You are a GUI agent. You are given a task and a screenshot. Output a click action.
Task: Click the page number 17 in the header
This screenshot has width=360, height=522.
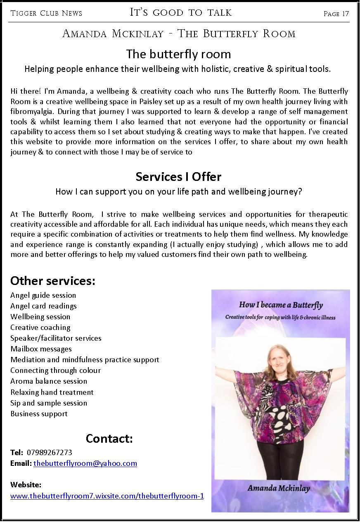tap(345, 14)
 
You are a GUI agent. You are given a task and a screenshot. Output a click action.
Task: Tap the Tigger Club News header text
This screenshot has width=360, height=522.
tap(46, 13)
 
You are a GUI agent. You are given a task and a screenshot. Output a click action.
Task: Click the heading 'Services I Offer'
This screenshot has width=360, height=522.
tap(178, 177)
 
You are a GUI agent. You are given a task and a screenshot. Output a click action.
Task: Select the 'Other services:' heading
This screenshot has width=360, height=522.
tap(53, 281)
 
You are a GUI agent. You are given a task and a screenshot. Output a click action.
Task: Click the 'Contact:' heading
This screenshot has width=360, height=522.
tap(109, 438)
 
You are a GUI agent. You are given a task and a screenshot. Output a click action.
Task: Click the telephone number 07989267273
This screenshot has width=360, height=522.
tap(49, 452)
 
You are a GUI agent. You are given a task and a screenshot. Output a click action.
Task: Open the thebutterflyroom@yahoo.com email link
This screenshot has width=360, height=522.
tap(85, 463)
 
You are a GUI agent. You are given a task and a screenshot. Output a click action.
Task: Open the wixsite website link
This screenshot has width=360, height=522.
tap(107, 496)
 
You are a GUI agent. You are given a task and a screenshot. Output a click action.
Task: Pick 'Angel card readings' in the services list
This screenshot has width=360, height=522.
tap(43, 306)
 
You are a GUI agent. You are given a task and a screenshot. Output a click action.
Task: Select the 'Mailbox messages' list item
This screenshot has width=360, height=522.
tap(41, 349)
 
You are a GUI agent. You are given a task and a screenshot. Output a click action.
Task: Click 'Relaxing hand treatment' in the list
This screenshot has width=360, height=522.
tap(52, 392)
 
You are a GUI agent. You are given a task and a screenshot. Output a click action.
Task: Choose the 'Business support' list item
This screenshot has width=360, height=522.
tap(39, 413)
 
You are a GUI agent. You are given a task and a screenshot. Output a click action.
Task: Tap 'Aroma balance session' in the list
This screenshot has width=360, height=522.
tap(49, 381)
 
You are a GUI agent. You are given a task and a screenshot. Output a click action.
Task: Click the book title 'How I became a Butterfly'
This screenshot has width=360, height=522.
tap(281, 306)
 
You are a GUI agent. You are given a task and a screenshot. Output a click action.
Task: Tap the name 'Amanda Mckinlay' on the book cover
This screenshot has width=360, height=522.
tap(279, 488)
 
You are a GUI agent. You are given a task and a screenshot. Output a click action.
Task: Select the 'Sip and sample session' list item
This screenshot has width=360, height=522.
tap(49, 403)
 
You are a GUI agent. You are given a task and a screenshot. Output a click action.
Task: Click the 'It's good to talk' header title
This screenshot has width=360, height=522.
tap(181, 12)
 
